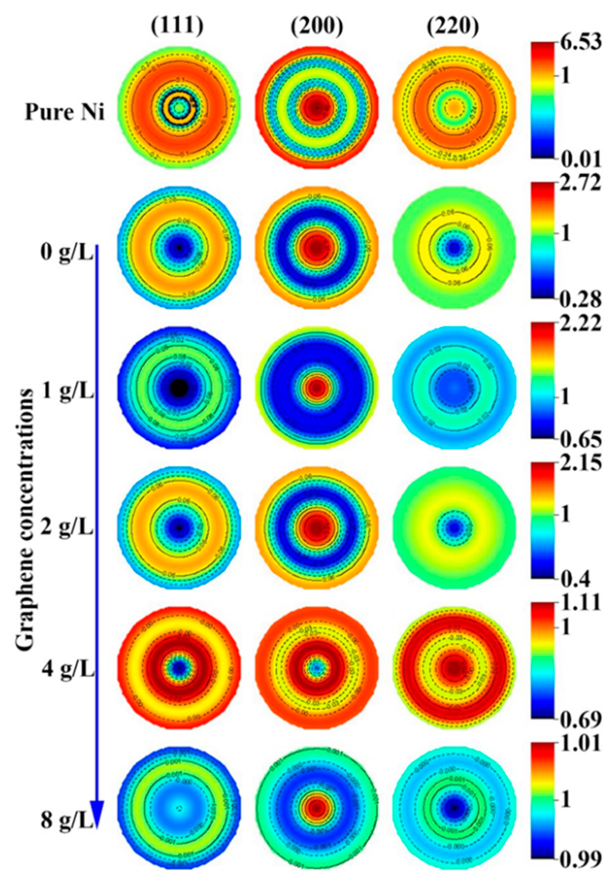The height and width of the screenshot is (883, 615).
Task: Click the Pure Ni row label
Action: point(65,113)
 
